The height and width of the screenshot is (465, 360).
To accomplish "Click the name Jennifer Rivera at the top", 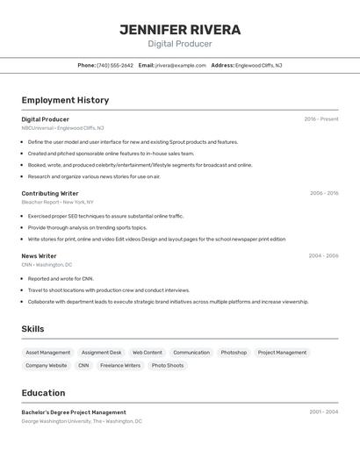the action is (180, 30).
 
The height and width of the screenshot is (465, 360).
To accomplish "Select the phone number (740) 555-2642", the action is (115, 65).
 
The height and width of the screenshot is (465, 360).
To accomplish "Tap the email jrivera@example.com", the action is (181, 65).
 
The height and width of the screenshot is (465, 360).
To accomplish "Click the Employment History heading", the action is (65, 100).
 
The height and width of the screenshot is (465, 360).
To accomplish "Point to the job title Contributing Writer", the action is (50, 193).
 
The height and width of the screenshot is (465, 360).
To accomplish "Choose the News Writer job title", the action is (39, 256).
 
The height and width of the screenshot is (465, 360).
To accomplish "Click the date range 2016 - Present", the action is (320, 119).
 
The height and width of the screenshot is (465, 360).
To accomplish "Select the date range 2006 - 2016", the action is (323, 193).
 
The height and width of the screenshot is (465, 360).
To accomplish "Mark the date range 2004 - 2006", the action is (323, 256).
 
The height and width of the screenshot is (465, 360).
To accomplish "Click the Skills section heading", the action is (32, 329).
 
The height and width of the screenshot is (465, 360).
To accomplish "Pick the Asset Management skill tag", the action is (48, 353).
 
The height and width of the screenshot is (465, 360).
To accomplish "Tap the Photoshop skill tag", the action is (234, 353).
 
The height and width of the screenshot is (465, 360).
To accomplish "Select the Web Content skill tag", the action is (148, 353).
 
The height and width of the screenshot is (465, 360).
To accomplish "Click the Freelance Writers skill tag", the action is (120, 365).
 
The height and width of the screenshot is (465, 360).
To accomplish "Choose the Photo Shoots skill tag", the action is (168, 365).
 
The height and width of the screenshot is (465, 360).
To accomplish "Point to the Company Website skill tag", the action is (47, 365).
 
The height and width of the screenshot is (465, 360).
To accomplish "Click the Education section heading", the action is (43, 393).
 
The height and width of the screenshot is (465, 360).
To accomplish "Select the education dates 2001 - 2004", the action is (323, 411).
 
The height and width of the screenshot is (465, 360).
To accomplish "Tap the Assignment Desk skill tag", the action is (102, 353).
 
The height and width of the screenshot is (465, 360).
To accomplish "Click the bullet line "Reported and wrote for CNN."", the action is (61, 278).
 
